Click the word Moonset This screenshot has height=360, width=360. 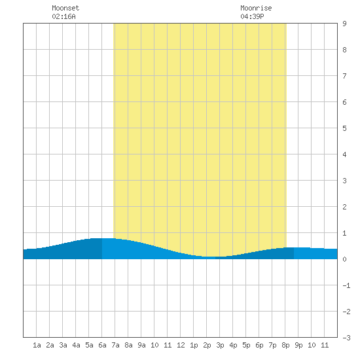65,8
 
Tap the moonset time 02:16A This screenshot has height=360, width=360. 63,16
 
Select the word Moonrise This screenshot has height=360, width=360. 256,8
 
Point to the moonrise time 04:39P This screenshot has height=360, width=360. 252,16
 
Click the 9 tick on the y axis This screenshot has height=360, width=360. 344,24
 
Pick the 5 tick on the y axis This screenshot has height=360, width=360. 344,128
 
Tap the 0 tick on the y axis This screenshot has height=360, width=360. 344,259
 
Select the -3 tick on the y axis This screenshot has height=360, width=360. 346,338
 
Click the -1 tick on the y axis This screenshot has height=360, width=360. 346,285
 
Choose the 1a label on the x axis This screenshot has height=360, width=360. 37,345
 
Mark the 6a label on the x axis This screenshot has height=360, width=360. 102,345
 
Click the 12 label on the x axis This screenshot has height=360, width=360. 181,345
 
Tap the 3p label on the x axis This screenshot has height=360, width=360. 220,345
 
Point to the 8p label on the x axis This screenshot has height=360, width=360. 285,345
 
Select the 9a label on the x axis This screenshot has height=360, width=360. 141,345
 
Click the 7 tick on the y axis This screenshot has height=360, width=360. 344,76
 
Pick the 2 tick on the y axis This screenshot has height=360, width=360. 344,207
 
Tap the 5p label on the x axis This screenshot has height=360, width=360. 246,345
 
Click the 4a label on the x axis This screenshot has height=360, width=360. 76,345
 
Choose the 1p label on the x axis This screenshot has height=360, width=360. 194,345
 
